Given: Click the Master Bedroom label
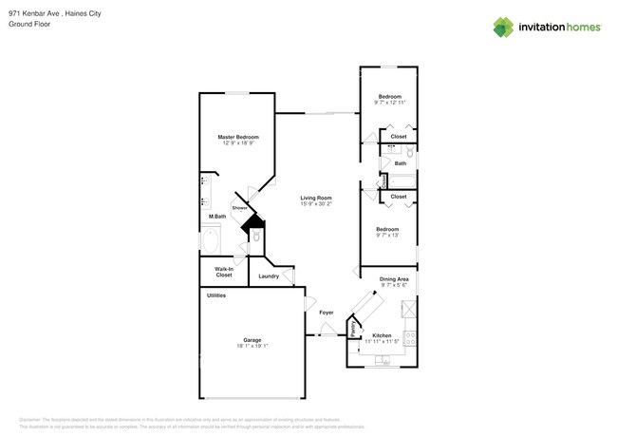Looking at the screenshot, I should point(238,138).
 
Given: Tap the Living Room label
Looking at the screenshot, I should point(315,198).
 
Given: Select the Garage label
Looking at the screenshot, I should point(252,340).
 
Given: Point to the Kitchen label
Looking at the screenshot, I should point(382,334).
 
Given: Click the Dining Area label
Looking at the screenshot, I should point(394,278).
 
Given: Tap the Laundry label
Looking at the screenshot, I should point(269,276).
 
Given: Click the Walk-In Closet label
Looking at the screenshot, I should point(224,272).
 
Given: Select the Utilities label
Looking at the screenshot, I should point(217,295).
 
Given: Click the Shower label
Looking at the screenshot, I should point(239,208).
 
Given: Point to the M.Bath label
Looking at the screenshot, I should point(217,217).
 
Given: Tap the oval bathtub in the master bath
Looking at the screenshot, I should point(211,241).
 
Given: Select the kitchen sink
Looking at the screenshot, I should point(383,360).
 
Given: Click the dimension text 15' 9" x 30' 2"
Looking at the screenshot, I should point(315,203).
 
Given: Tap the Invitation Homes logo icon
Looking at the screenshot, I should point(503,28).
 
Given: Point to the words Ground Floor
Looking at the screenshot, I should point(28,24).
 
